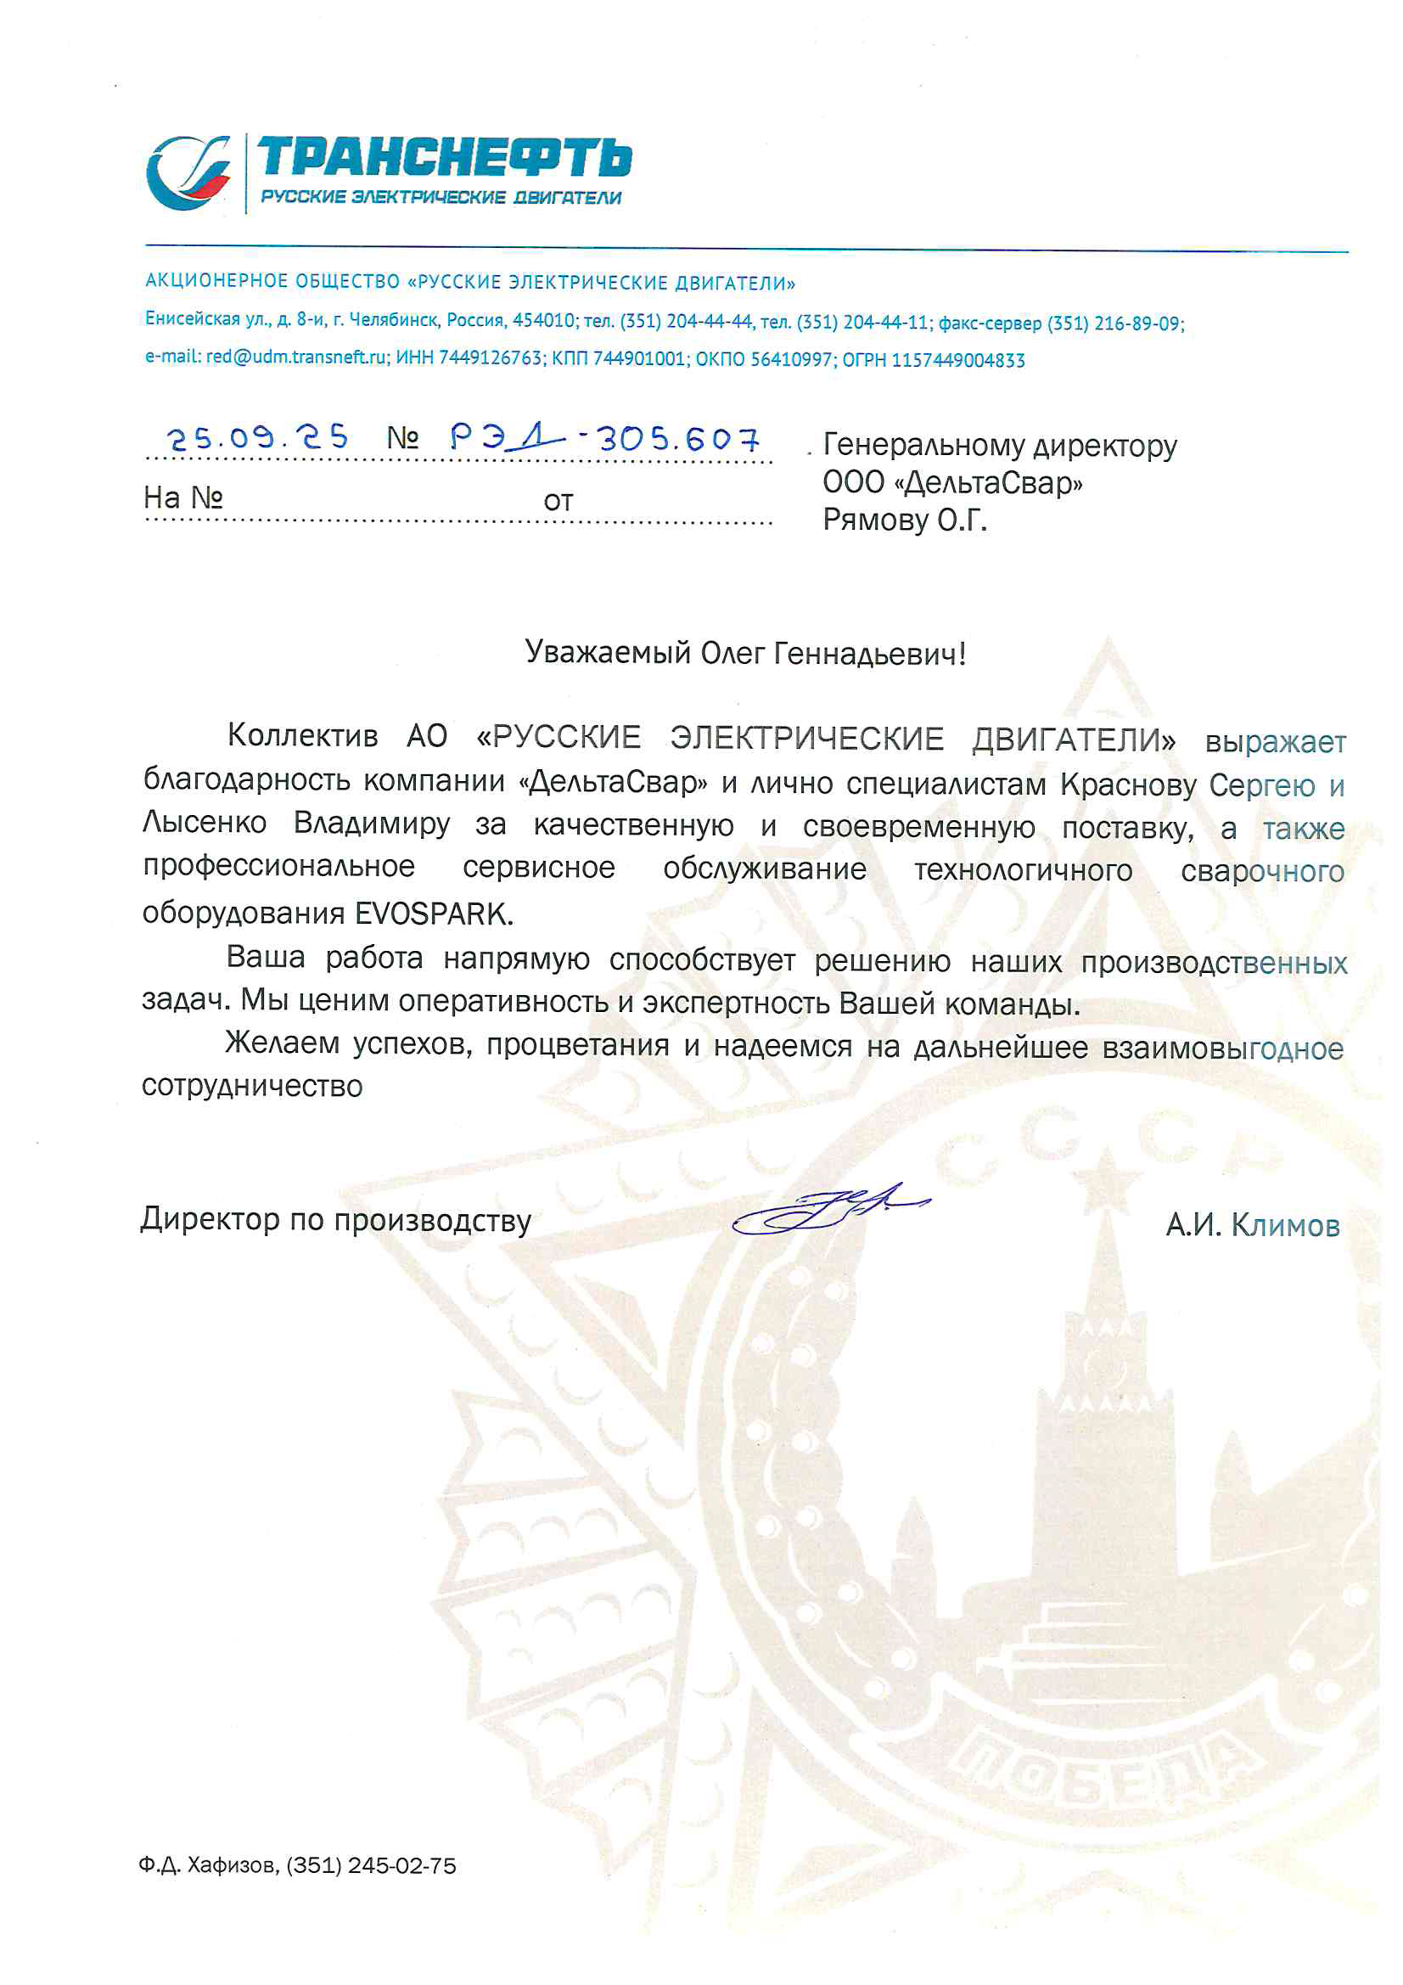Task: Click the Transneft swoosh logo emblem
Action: [x=189, y=173]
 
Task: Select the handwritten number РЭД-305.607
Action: [x=604, y=439]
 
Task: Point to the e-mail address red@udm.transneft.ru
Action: [x=296, y=358]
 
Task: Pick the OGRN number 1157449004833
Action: [x=957, y=361]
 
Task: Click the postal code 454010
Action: [x=544, y=321]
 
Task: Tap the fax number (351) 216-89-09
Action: [x=1114, y=324]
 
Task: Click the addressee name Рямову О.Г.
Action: [x=904, y=520]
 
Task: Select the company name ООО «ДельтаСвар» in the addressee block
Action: [x=951, y=482]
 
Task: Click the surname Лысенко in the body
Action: [x=205, y=822]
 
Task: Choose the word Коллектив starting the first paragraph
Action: [x=302, y=736]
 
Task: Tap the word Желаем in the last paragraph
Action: [x=283, y=1043]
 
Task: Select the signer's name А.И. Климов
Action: [x=1253, y=1225]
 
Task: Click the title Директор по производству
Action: [x=335, y=1220]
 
